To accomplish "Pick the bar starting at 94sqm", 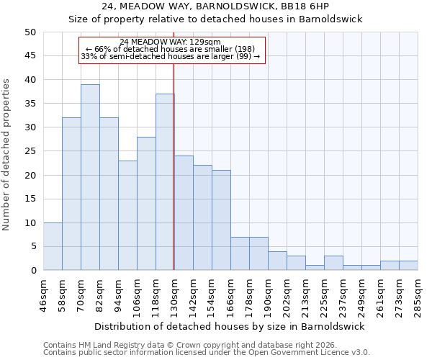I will tap(127, 215).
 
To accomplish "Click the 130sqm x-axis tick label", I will tap(174, 295).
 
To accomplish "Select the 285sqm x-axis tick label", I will tap(418, 295).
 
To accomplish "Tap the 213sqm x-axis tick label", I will tap(305, 295).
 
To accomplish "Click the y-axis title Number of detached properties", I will tap(7, 156).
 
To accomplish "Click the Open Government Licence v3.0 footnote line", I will tap(207, 353).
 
